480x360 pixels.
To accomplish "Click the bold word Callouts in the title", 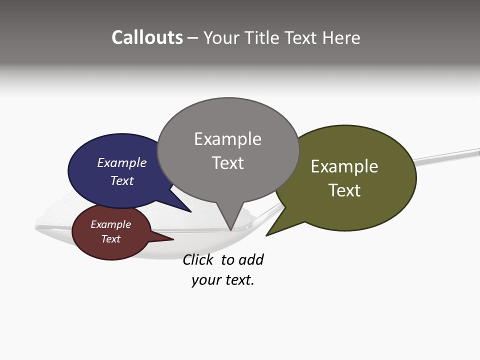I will (147, 37).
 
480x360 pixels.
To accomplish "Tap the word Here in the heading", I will (341, 37).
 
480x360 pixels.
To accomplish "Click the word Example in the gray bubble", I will (227, 139).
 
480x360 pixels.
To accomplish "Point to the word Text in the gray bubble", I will (228, 163).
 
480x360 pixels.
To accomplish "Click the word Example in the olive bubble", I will (344, 166).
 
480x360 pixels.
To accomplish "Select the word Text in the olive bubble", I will (344, 190).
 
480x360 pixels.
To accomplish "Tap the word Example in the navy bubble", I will (122, 163).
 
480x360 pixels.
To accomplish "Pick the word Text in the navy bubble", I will (122, 180).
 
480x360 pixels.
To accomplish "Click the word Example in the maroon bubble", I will (111, 224).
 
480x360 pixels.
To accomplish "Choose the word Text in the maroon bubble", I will (111, 239).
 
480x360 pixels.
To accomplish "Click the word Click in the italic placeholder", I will (197, 260).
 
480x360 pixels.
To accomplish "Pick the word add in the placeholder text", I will (251, 260).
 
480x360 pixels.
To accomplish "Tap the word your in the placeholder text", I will (205, 280).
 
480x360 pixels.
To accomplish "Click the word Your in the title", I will (222, 37).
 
